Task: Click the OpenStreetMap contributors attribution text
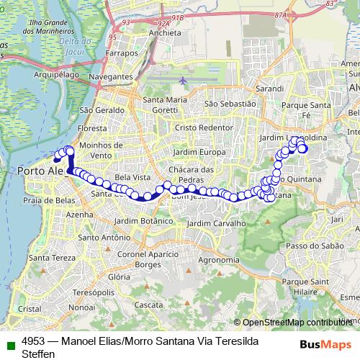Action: click(x=297, y=323)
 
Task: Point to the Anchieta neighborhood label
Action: click(x=165, y=33)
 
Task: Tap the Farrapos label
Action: click(x=120, y=53)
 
